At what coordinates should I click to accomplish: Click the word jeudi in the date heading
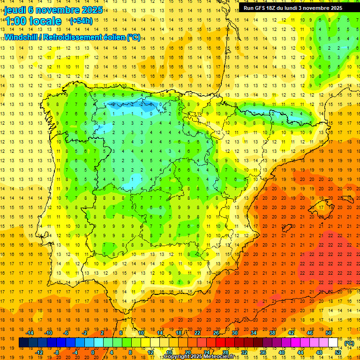click(15, 10)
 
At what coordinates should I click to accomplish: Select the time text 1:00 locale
click(33, 21)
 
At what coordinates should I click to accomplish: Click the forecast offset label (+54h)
click(81, 21)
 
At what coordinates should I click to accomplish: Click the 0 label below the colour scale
click(93, 352)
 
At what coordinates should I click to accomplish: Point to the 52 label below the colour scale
click(338, 352)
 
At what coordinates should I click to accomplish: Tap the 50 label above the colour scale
click(329, 333)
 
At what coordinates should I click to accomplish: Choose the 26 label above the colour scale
click(216, 333)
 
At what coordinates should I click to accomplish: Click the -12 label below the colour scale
click(39, 352)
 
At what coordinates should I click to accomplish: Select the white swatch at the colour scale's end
click(333, 343)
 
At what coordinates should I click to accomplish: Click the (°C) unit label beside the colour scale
click(349, 343)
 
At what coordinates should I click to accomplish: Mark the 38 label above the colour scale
click(272, 333)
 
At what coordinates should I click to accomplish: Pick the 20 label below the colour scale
click(188, 352)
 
